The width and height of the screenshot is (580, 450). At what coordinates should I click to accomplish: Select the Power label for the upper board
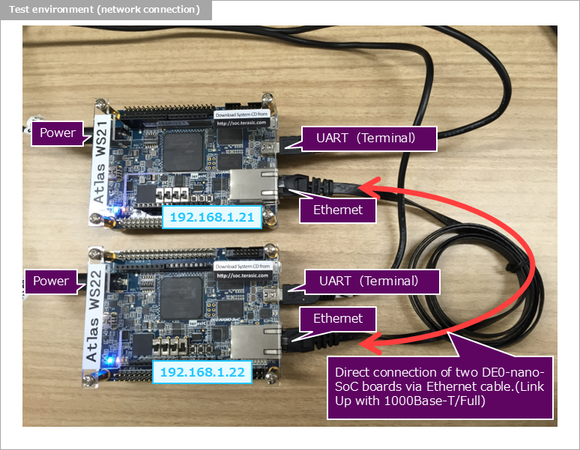58,133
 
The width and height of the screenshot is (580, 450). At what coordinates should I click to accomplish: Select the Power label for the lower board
51,281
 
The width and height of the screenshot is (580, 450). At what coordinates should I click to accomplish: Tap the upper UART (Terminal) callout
369,138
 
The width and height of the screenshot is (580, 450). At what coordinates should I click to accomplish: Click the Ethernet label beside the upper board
337,210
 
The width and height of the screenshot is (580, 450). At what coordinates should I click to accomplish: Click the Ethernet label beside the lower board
337,319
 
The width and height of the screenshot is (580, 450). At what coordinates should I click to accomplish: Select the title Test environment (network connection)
105,10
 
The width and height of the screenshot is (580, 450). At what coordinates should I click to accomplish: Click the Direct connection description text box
440,386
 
